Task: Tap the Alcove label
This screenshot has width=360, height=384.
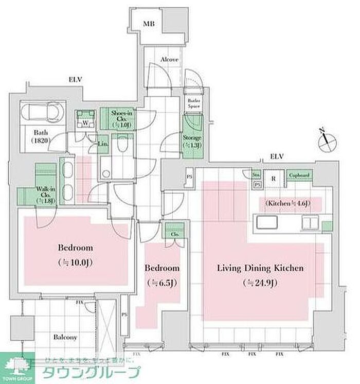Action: pyautogui.click(x=169, y=60)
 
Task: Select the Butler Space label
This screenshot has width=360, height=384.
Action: pyautogui.click(x=193, y=102)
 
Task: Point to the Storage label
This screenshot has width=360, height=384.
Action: pyautogui.click(x=192, y=141)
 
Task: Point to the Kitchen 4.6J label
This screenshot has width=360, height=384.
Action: pyautogui.click(x=288, y=204)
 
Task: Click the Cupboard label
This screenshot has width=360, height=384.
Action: pyautogui.click(x=299, y=176)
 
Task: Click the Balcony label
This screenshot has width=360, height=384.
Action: pyautogui.click(x=65, y=337)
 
